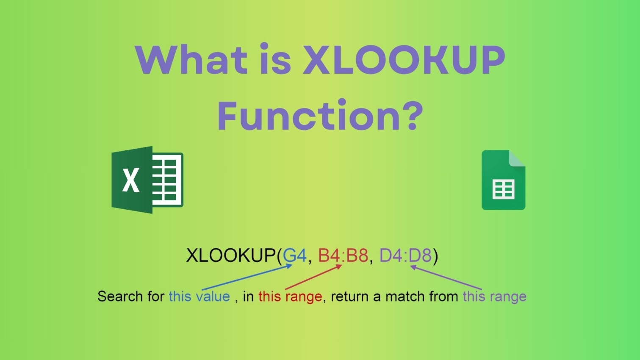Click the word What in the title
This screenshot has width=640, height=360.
(191, 60)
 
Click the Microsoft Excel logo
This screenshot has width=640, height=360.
(147, 180)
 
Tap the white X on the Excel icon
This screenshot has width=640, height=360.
(131, 180)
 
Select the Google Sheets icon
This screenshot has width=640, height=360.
(503, 180)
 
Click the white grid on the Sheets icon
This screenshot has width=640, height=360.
(503, 189)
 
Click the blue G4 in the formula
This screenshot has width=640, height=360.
(294, 255)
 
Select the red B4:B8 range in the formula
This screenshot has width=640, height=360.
(343, 255)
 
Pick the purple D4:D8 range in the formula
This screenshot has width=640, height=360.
(405, 255)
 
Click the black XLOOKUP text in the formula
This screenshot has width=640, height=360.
(231, 255)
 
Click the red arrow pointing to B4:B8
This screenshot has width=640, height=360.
(313, 278)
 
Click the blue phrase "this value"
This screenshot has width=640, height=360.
(199, 296)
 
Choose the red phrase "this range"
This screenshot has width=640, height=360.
(290, 296)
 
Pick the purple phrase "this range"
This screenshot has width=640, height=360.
(494, 296)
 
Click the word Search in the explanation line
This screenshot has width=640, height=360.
(120, 296)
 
